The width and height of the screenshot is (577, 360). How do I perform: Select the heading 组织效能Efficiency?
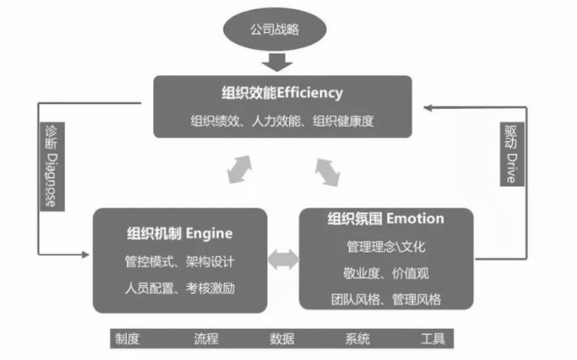tap(282, 92)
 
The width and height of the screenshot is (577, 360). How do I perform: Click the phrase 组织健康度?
tap(343, 121)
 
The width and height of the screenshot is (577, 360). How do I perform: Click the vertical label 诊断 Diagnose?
tap(51, 166)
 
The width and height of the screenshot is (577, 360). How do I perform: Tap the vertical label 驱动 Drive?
tap(510, 154)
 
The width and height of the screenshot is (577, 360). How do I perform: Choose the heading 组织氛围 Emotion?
tap(386, 219)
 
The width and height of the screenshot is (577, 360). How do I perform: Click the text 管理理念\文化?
tap(386, 247)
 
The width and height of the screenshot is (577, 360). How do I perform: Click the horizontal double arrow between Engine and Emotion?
tap(283, 260)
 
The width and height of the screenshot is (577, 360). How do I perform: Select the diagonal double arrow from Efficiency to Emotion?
tap(328, 171)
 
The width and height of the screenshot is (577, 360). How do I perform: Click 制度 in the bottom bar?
tap(128, 339)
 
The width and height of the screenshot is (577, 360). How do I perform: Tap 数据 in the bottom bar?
tap(282, 339)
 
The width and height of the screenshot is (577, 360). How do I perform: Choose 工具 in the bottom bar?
tap(433, 339)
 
